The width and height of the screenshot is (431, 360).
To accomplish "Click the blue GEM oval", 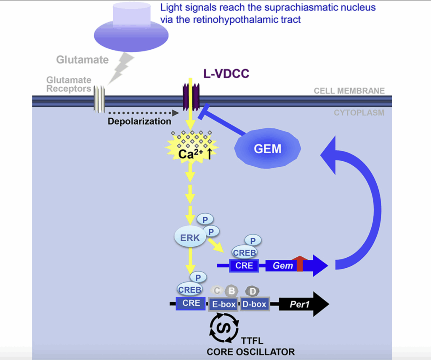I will click(268, 148).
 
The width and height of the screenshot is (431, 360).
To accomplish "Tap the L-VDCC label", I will click(227, 73).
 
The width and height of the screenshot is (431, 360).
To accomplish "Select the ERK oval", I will click(190, 237).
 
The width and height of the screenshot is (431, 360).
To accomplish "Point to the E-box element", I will click(223, 304).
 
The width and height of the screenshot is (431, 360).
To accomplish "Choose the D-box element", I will click(253, 304).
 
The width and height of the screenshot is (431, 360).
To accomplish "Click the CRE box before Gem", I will click(244, 266).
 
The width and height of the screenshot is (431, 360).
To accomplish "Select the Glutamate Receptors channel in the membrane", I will click(99, 99).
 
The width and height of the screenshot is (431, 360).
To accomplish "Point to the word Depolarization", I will click(140, 121).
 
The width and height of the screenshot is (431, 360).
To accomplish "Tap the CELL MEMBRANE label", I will click(349, 91).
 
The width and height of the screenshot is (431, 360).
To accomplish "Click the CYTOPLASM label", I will click(359, 113).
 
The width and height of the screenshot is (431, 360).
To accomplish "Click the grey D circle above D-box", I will click(252, 291).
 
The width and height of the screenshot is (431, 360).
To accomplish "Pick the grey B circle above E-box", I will click(231, 291).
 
